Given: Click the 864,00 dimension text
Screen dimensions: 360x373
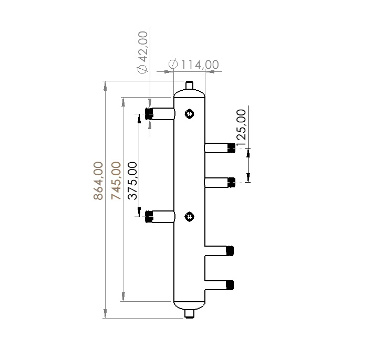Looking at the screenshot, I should [98, 181].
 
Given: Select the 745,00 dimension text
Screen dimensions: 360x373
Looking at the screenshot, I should [116, 181].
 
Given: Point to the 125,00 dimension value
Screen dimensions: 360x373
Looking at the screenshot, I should [241, 128].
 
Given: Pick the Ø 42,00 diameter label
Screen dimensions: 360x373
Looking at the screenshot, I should [142, 52].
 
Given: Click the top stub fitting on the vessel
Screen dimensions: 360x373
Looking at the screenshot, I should [190, 85].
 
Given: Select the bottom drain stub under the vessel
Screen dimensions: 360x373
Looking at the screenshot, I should [190, 314].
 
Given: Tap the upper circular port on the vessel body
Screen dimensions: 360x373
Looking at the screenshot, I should [189, 113].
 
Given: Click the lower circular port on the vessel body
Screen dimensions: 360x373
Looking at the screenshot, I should [189, 216].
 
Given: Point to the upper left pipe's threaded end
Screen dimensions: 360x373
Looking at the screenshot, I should [148, 113].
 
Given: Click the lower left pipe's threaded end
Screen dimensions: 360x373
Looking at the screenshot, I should [149, 216].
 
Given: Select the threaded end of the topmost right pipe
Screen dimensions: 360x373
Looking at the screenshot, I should [231, 147].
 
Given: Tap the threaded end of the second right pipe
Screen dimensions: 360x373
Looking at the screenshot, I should [231, 182].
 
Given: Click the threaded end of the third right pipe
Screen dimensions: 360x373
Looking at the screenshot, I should [230, 250].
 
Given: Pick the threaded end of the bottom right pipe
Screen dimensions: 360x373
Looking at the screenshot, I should [230, 285].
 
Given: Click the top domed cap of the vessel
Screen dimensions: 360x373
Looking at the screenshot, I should [190, 93].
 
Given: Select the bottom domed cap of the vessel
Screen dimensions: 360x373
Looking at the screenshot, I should [190, 305].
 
